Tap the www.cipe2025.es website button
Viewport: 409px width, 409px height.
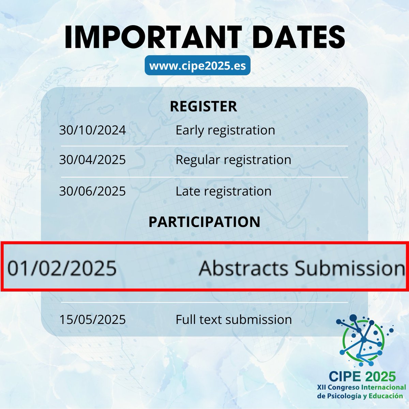click(198, 65)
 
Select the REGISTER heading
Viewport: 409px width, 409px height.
click(203, 106)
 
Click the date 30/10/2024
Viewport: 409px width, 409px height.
click(92, 130)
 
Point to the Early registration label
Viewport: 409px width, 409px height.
click(225, 130)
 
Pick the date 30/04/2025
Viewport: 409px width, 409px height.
click(92, 160)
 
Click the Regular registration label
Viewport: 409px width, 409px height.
click(233, 160)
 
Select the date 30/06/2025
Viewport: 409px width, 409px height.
click(92, 191)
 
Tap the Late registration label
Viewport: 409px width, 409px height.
click(224, 191)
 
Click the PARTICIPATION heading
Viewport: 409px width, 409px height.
click(204, 222)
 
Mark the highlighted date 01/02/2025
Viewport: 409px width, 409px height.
click(62, 268)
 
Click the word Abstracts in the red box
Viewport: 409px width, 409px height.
click(244, 268)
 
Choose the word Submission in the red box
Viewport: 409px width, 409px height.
click(350, 268)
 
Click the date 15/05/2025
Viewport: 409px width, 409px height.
click(92, 320)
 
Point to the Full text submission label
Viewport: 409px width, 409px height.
click(234, 320)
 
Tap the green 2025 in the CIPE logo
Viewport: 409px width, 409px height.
click(379, 376)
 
